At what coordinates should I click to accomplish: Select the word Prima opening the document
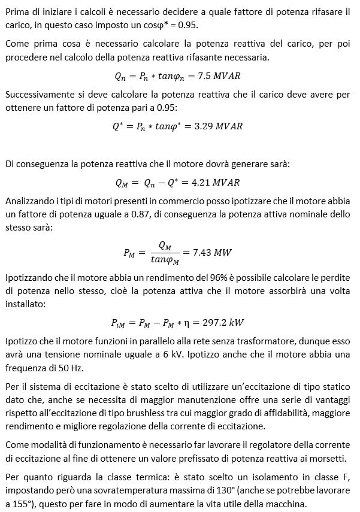[x=17, y=12]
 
